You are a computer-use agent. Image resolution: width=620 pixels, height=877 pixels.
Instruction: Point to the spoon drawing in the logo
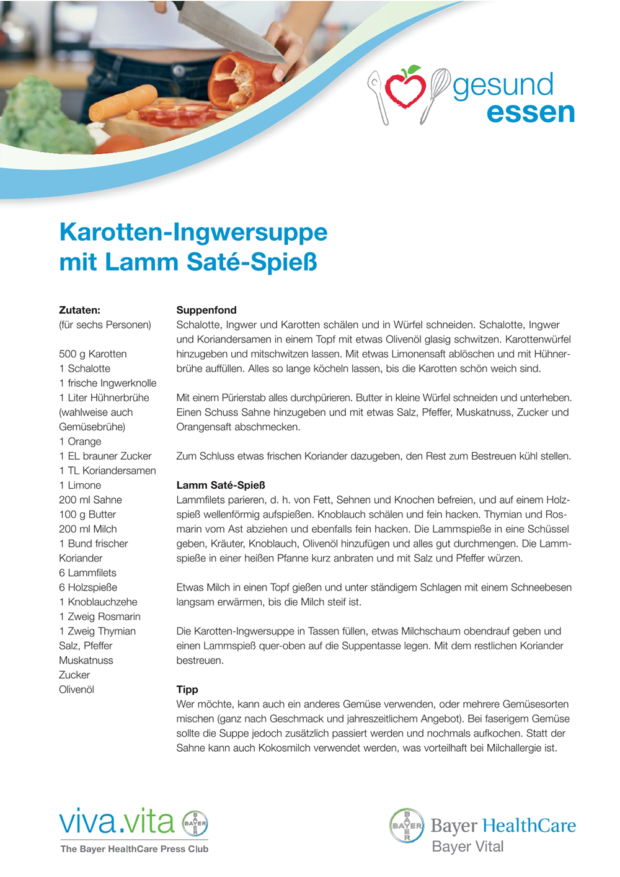click(x=378, y=96)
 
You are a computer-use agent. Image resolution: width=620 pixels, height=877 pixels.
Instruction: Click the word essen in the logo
click(x=531, y=112)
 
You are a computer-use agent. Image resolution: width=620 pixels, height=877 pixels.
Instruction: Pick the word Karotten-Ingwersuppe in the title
click(x=193, y=232)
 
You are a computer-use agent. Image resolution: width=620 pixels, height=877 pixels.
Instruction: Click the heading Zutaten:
click(x=79, y=310)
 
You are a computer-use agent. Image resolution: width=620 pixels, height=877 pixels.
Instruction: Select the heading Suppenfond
click(x=206, y=310)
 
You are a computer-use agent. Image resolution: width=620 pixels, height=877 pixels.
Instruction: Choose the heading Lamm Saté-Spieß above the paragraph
click(x=221, y=485)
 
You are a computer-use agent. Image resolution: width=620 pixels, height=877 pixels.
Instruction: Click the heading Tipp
click(x=187, y=689)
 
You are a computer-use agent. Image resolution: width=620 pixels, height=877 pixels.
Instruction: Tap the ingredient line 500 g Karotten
click(x=93, y=354)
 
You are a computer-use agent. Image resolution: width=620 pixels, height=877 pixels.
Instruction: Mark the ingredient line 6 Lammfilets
click(x=87, y=572)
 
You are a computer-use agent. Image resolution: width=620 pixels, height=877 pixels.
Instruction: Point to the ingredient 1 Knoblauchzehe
click(x=98, y=602)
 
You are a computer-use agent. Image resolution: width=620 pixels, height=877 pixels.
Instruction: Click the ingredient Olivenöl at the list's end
click(x=76, y=689)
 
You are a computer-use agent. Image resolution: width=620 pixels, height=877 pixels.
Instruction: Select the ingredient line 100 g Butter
click(x=87, y=514)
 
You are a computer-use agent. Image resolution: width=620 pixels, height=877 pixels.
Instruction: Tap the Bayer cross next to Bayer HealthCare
click(x=407, y=826)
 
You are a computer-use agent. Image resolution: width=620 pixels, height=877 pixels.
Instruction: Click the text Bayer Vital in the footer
click(x=467, y=847)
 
